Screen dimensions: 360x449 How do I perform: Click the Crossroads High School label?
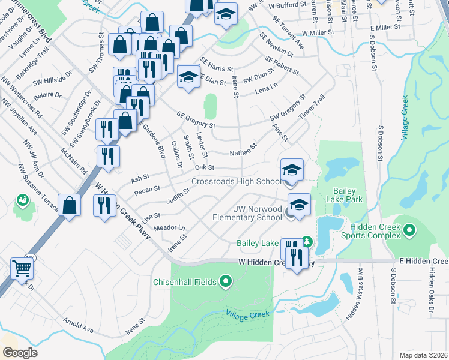pyautogui.click(x=236, y=182)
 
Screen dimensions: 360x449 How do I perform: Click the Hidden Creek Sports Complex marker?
pyautogui.click(x=410, y=230)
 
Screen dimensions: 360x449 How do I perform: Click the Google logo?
pyautogui.click(x=19, y=353)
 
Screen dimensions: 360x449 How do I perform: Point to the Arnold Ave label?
pyautogui.click(x=80, y=326)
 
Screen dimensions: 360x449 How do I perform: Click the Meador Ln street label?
pyautogui.click(x=170, y=227)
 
